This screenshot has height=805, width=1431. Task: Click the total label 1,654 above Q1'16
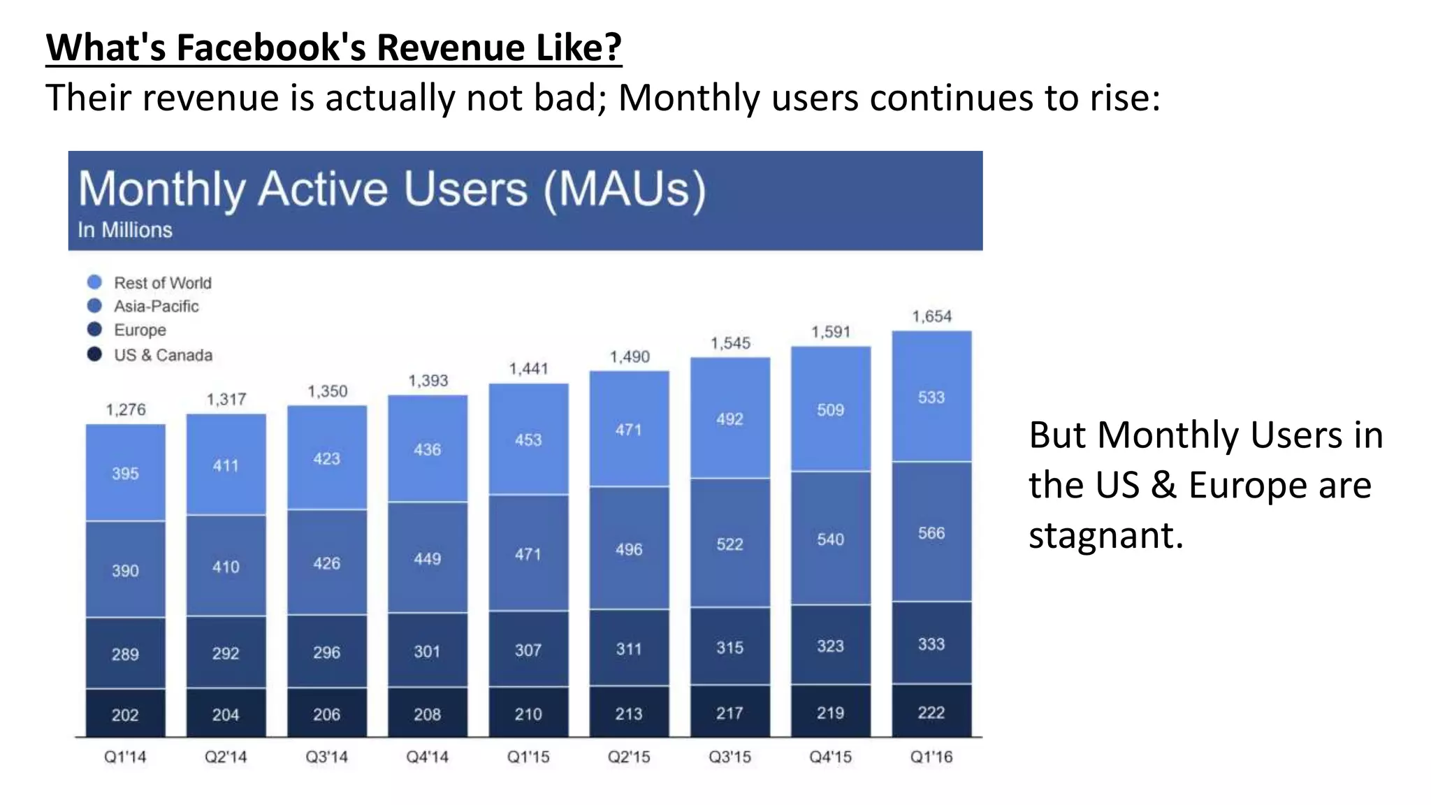point(931,317)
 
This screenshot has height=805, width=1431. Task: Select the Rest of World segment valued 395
point(126,473)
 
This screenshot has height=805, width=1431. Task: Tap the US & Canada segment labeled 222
point(931,711)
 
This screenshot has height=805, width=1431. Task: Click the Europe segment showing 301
point(428,651)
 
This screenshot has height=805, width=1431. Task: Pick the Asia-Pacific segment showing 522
point(729,543)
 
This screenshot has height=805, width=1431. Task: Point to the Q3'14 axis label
point(326,757)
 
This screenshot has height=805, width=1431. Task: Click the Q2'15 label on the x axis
point(629,757)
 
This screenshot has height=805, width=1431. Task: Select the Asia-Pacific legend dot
point(94,306)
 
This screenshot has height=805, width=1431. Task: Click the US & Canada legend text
point(163,355)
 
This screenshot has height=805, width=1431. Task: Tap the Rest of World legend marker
point(94,282)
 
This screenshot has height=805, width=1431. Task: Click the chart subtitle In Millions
point(125,230)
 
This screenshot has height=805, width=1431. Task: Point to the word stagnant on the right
point(1105,537)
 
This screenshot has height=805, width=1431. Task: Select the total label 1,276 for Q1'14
point(126,409)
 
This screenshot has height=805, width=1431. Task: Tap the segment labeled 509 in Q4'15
point(830,409)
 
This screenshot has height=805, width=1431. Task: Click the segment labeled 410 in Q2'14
point(226,566)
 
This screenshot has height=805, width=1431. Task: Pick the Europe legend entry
point(140,330)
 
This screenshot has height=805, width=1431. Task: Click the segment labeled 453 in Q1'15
point(528,440)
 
